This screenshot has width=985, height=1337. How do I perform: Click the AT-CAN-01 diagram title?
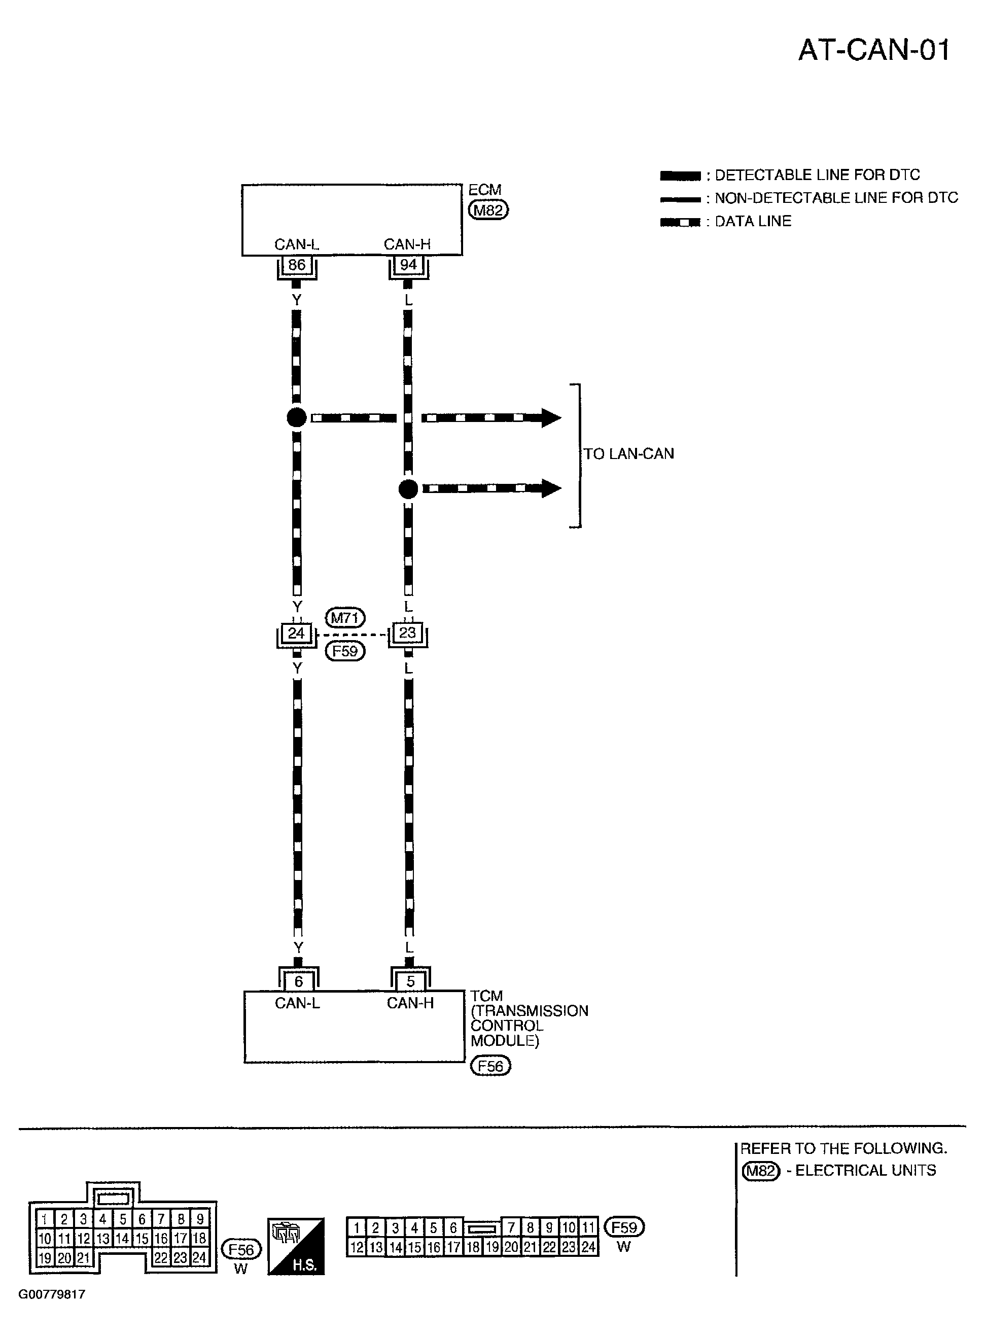[873, 50]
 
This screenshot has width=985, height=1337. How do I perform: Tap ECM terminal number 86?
[296, 265]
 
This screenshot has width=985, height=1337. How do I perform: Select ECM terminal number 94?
[408, 265]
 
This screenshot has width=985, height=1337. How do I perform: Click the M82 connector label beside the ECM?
[488, 210]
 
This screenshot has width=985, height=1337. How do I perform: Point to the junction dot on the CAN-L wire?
[296, 417]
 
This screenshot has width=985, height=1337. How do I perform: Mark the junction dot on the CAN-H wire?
[408, 489]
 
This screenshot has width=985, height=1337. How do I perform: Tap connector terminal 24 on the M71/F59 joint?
[296, 633]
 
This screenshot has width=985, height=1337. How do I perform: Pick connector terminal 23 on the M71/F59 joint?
[408, 632]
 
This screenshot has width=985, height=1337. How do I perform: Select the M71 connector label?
[344, 618]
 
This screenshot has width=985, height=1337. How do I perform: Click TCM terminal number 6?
[299, 981]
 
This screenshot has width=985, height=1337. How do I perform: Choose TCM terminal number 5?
[410, 981]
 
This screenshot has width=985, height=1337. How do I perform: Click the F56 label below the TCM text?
[490, 1066]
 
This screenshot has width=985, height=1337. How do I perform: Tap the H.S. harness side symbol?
[296, 1246]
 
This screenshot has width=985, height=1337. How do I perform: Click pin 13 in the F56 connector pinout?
[102, 1238]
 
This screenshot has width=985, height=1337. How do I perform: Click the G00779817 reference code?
[52, 1294]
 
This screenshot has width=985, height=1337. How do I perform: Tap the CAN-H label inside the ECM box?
[407, 244]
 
